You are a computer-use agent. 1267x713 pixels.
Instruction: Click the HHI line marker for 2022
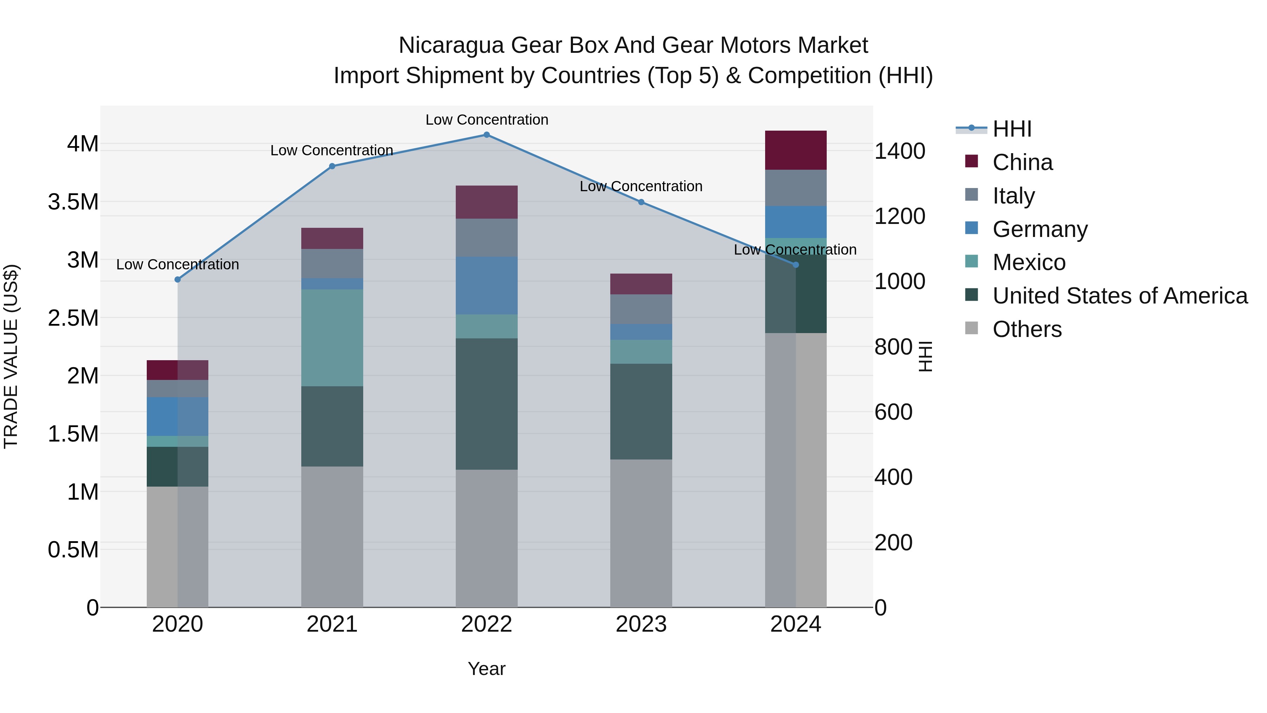[x=486, y=135]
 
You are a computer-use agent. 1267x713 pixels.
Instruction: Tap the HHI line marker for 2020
[x=178, y=280]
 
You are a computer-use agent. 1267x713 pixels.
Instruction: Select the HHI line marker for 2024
[x=796, y=265]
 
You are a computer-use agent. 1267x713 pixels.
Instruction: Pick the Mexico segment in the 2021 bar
[x=332, y=338]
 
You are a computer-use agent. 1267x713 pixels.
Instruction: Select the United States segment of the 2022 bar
[x=486, y=404]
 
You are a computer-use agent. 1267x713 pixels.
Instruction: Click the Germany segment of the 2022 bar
[x=486, y=286]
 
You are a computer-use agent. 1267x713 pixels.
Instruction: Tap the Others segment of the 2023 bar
[x=641, y=533]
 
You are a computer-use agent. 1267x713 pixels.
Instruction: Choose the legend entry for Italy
[x=1013, y=195]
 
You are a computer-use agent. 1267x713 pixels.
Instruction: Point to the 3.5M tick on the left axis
[x=73, y=202]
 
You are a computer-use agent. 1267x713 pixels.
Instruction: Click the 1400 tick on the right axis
[x=900, y=151]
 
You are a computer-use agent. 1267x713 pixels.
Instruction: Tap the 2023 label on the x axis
[x=641, y=624]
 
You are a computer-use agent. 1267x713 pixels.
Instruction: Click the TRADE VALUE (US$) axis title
[x=11, y=356]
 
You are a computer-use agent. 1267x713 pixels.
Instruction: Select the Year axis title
[x=486, y=669]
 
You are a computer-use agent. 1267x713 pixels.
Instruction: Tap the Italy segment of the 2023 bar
[x=641, y=309]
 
